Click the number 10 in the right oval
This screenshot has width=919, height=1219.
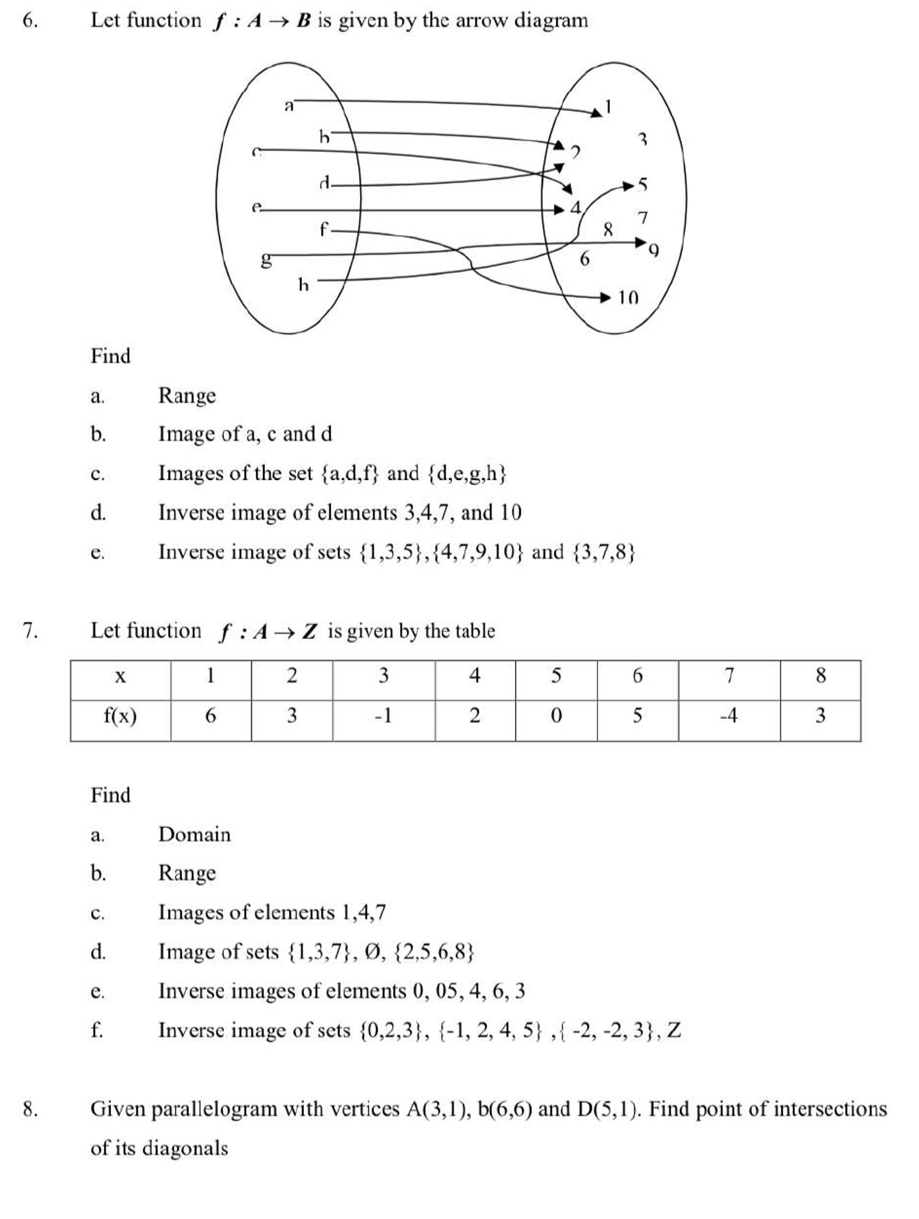coord(627,298)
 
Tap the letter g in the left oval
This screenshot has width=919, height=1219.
coord(266,261)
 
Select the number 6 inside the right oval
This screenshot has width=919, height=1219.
coord(585,259)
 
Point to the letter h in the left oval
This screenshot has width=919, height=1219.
coord(303,284)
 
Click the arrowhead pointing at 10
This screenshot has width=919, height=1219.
coord(605,298)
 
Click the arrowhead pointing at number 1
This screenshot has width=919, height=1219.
coord(596,113)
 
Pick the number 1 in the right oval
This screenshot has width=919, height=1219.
coord(608,106)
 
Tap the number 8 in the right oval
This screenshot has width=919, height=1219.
coord(608,229)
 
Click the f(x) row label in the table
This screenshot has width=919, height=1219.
coord(120,716)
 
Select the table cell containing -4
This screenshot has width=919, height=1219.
coord(729,716)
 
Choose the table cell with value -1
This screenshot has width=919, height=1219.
coord(383,716)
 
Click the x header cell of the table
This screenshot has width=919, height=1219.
coord(120,677)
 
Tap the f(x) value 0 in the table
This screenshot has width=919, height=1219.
coord(556,716)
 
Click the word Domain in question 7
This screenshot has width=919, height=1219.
coord(194,835)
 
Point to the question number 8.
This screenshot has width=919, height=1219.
coord(30,1109)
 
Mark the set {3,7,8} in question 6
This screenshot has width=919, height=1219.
coord(604,552)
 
